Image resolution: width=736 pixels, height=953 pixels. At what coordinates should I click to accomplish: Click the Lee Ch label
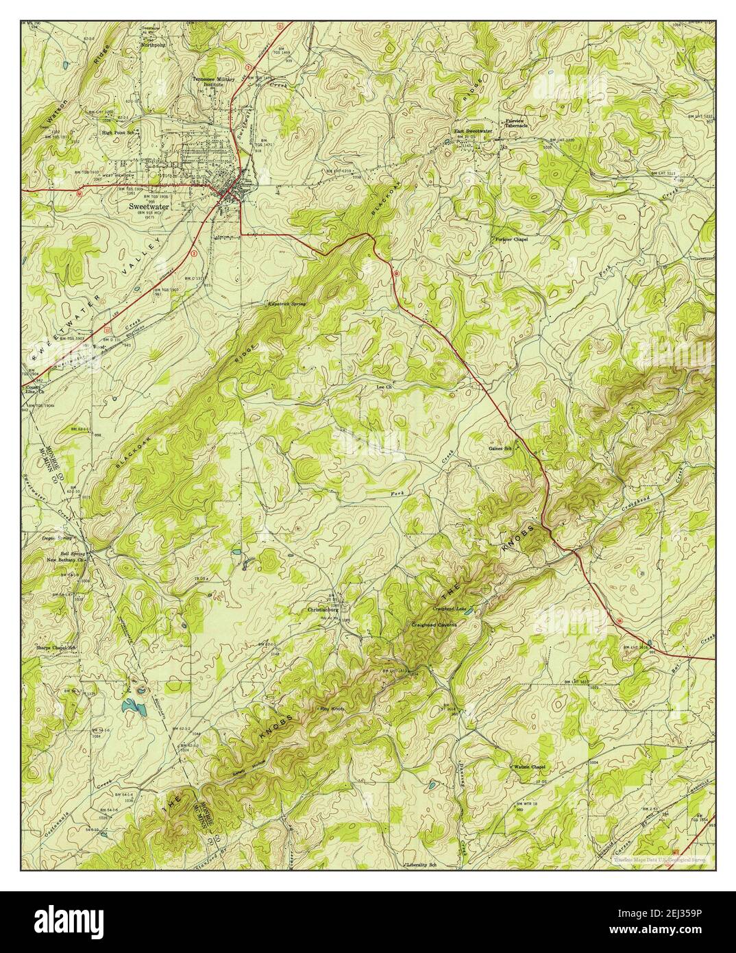coord(384,387)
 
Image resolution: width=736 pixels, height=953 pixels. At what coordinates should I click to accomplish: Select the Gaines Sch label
coord(500,448)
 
